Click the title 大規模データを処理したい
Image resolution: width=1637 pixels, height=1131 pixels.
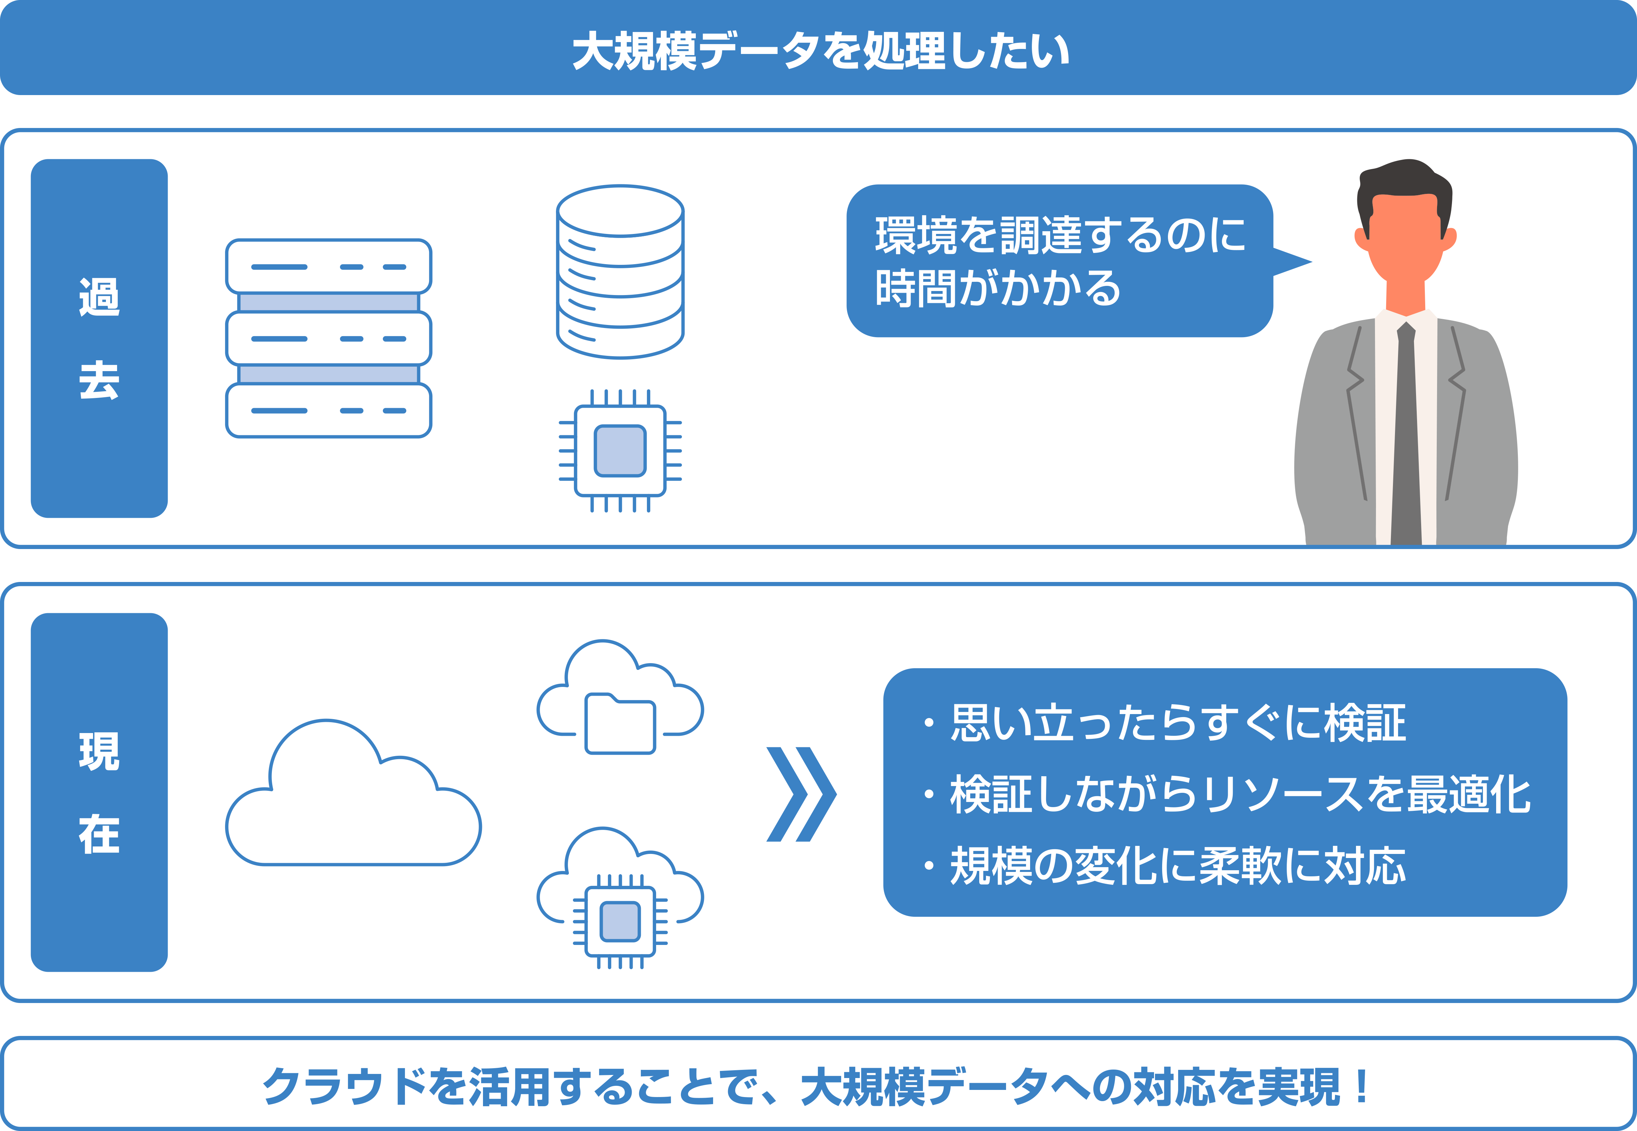[x=820, y=51]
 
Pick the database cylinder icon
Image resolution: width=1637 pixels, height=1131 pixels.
[x=620, y=272]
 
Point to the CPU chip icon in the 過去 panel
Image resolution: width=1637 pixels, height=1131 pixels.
[x=620, y=451]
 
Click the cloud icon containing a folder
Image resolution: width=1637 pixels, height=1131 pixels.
[x=620, y=701]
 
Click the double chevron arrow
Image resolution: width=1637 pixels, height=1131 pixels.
[x=801, y=794]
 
